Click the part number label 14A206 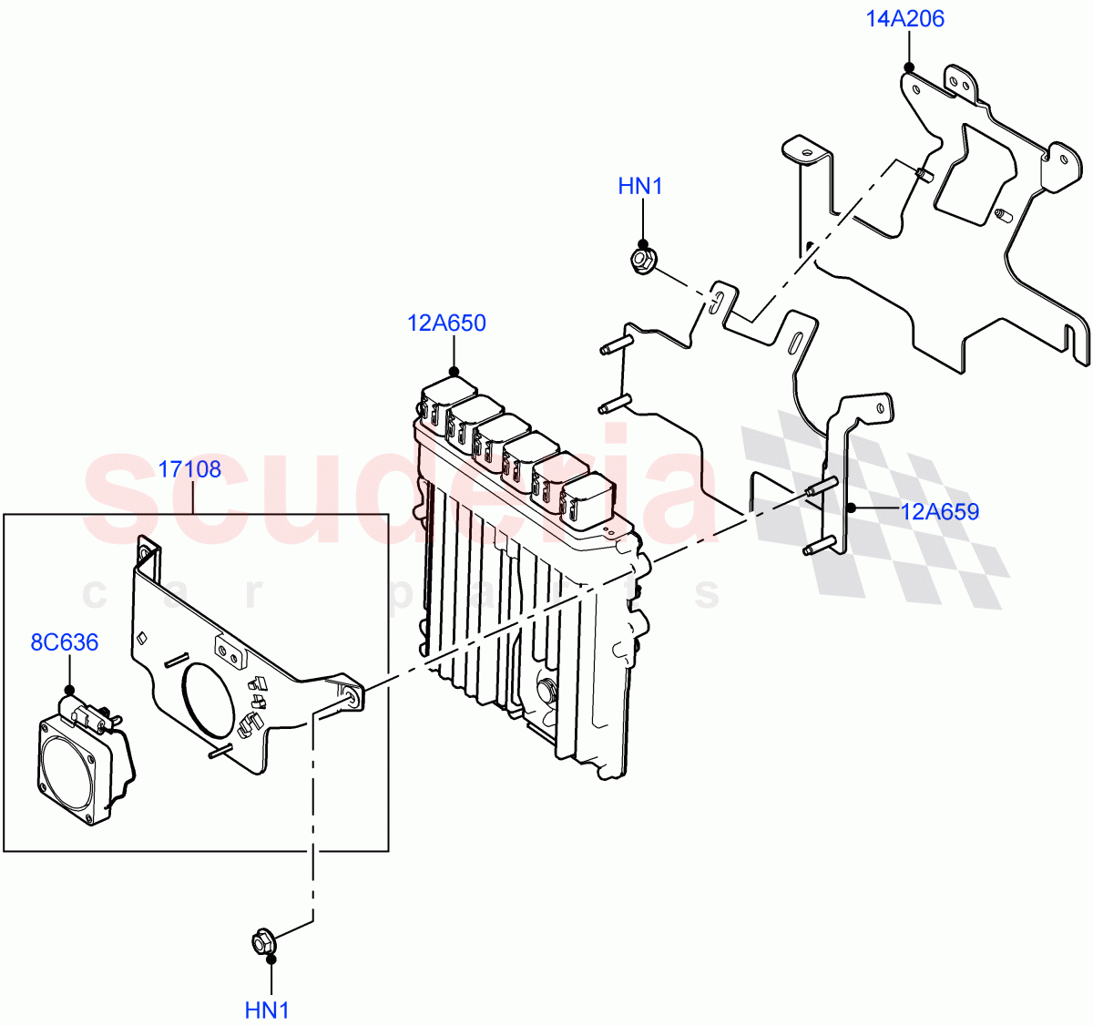click(x=904, y=19)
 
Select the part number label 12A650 click(x=446, y=323)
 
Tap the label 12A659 click(x=940, y=512)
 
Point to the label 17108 click(x=189, y=470)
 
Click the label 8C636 click(x=65, y=643)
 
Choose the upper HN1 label click(x=640, y=187)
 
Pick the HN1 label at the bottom click(x=267, y=1011)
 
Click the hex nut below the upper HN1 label click(x=643, y=261)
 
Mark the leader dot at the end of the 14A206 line click(x=908, y=67)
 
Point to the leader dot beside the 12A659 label click(x=849, y=508)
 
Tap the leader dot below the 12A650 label click(x=454, y=371)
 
